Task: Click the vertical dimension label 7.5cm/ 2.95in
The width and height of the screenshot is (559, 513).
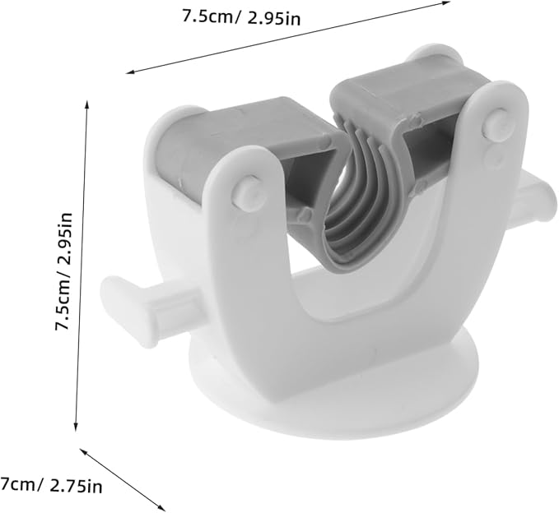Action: click(62, 271)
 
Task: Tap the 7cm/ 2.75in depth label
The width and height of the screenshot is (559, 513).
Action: click(52, 486)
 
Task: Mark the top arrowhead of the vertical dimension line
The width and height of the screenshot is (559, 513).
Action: click(87, 104)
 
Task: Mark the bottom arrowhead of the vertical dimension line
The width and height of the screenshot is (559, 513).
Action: click(77, 428)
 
